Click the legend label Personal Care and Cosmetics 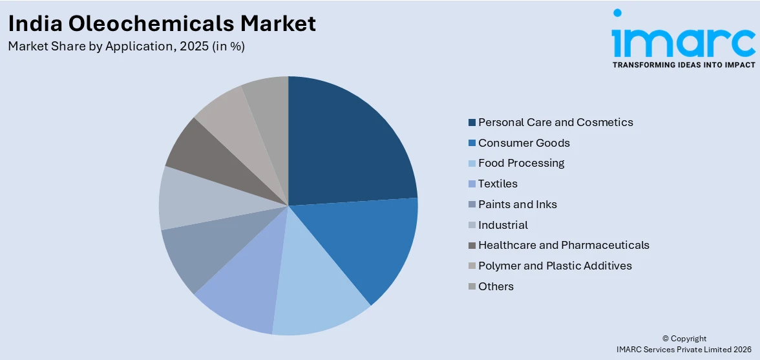click(x=555, y=122)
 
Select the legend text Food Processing click(x=521, y=163)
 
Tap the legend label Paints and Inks click(x=517, y=204)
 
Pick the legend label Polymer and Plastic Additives click(x=554, y=266)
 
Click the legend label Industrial click(x=503, y=225)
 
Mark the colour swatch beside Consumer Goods click(x=472, y=143)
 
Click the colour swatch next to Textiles click(x=472, y=184)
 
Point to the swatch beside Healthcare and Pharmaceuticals click(x=472, y=246)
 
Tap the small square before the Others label click(x=472, y=286)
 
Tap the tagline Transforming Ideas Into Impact click(x=683, y=65)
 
